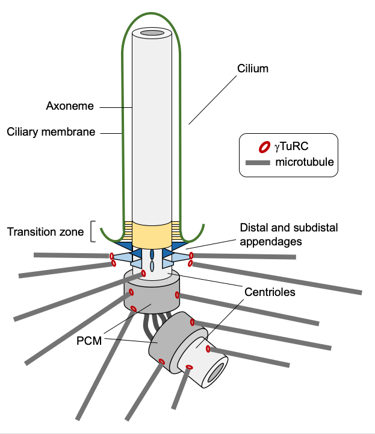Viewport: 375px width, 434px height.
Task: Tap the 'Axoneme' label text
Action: coord(70,106)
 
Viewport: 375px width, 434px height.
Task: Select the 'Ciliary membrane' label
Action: coord(51,131)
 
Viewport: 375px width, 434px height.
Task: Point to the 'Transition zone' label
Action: coord(45,231)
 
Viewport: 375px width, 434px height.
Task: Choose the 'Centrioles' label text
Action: coord(269,293)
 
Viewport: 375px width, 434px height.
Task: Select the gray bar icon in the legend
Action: coord(258,162)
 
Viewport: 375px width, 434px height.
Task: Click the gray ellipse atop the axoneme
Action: coord(152,32)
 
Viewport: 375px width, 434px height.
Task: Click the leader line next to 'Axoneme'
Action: coord(116,107)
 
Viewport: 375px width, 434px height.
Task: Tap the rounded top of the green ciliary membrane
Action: coord(152,12)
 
